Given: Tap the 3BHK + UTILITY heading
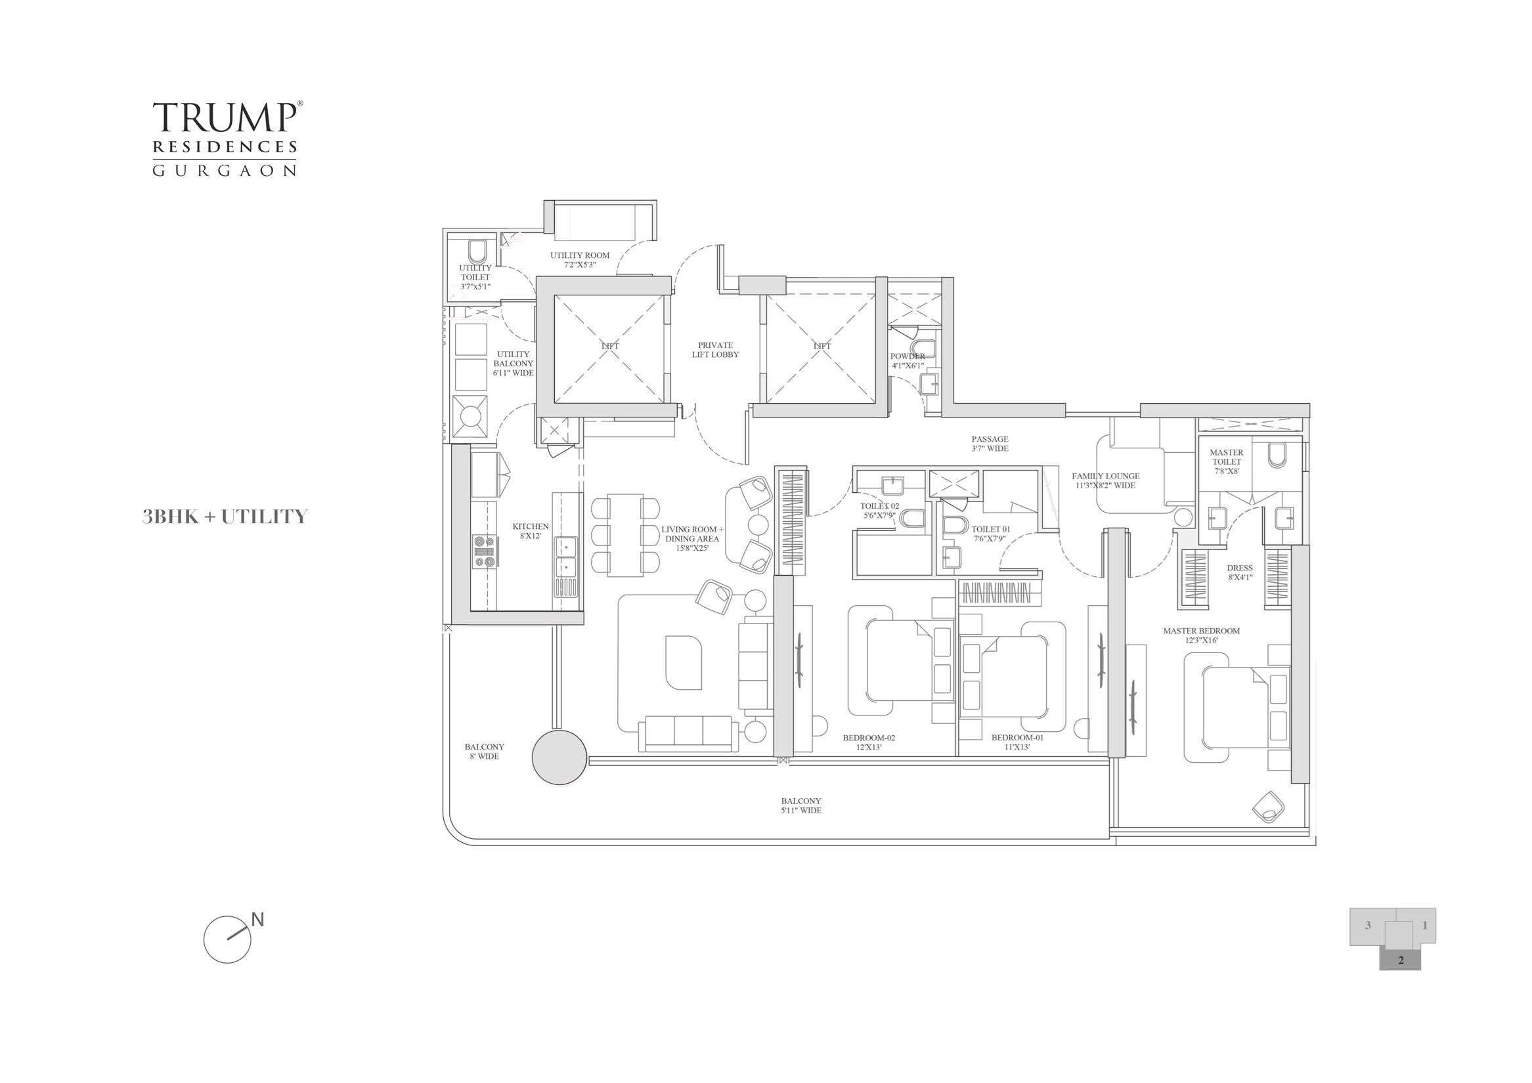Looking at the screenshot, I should [224, 517].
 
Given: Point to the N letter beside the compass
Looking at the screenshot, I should [257, 920].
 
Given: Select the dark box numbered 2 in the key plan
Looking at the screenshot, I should [1401, 980].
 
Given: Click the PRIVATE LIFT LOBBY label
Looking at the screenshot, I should [715, 350].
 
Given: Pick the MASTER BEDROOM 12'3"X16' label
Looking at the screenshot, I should [1201, 635].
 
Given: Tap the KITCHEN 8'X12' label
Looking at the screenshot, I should [531, 532].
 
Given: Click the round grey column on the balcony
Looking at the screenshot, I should [560, 757].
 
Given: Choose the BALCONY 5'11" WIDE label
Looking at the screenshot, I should [800, 805].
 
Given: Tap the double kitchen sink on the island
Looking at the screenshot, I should [565, 557].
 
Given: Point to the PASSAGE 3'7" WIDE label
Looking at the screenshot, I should [990, 444].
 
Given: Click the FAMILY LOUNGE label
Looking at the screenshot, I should [1105, 481].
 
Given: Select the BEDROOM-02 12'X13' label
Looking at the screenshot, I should [868, 742].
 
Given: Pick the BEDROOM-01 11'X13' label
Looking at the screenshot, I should [1017, 742].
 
